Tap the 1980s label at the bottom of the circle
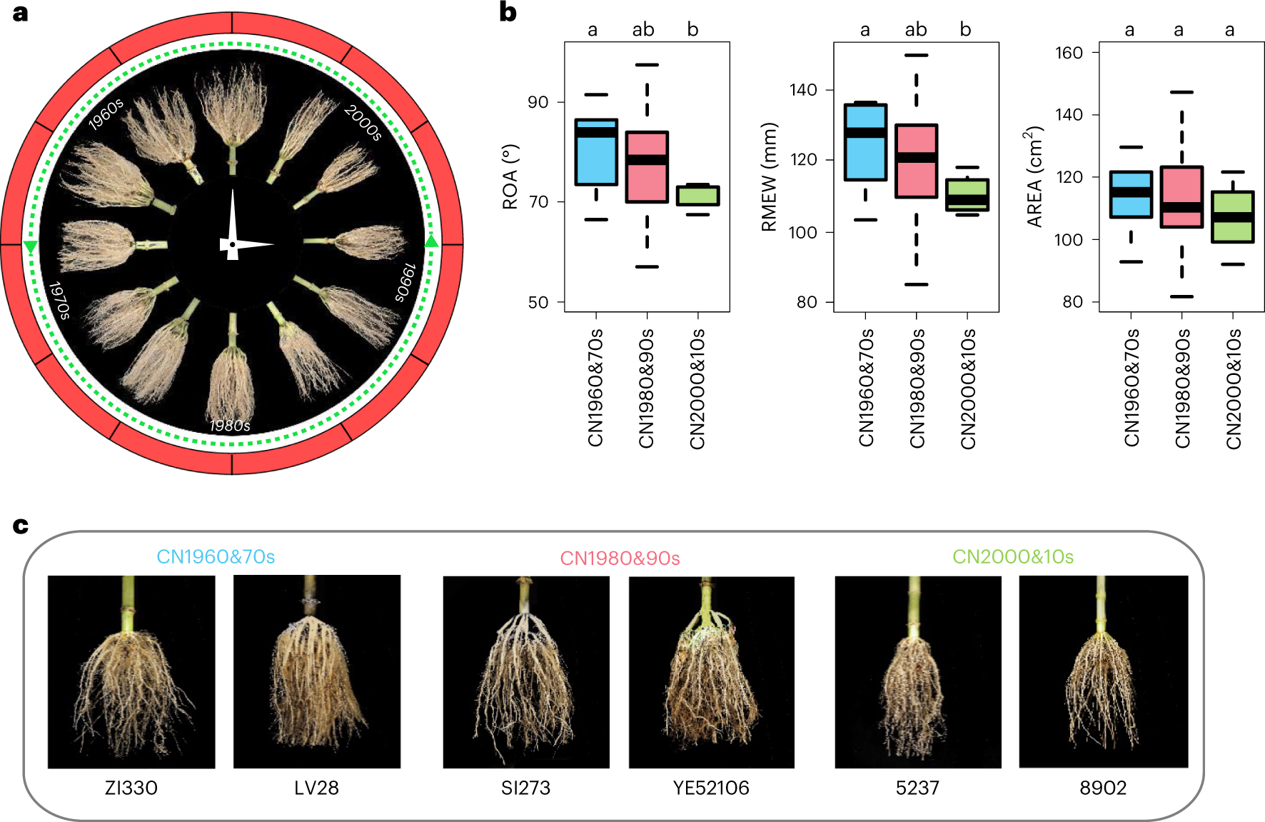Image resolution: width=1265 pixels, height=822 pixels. coord(230,426)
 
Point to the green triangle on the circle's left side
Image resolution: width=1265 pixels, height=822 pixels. coord(30,247)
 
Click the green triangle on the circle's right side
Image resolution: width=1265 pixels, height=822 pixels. coord(431,241)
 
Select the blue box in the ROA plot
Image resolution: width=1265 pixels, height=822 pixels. coord(596,152)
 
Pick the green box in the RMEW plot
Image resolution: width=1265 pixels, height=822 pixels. coord(967,195)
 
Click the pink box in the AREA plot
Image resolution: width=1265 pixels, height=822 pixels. coord(1181,197)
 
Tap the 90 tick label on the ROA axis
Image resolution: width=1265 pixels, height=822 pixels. coord(538,102)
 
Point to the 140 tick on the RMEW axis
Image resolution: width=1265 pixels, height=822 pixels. coord(803,90)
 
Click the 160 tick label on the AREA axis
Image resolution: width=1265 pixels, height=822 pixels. coord(1069,53)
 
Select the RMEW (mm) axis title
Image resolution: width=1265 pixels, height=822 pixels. coord(769,177)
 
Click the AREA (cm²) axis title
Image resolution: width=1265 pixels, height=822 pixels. coord(1034,177)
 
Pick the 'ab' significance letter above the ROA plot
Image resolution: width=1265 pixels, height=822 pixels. coord(643,29)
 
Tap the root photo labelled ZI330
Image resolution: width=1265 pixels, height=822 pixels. coord(131,672)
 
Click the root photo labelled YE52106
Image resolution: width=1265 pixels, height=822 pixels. coord(711,672)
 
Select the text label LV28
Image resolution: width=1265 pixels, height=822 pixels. coord(316,788)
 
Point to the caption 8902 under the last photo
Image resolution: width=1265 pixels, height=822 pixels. coord(1103,788)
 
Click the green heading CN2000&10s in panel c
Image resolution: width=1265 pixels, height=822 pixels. coord(1013,556)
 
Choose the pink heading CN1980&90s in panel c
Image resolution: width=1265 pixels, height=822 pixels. coord(620,558)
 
